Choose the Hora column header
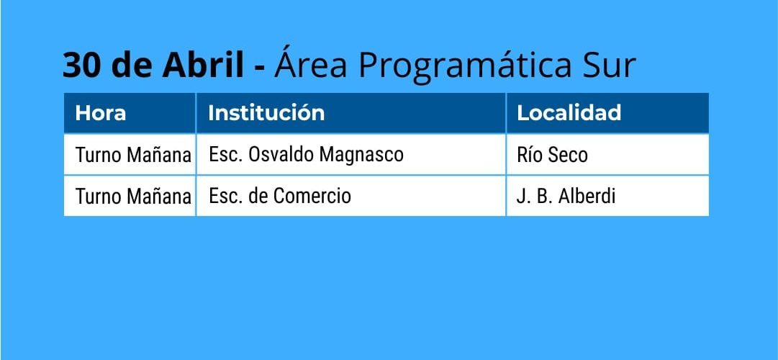click(100, 113)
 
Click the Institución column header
click(266, 113)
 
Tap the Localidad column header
click(569, 113)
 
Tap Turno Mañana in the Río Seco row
click(133, 155)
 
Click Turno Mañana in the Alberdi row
click(133, 196)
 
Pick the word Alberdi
click(587, 196)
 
